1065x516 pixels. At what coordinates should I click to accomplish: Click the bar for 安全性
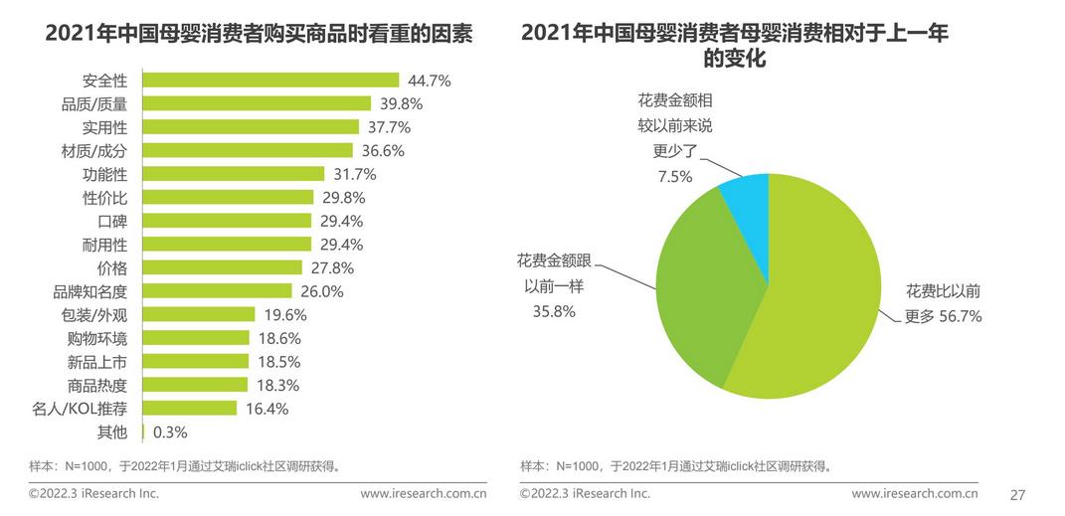click(270, 80)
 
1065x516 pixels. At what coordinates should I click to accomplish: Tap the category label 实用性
click(104, 127)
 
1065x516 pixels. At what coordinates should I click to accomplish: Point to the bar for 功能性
click(234, 174)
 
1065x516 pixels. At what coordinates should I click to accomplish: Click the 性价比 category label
click(104, 198)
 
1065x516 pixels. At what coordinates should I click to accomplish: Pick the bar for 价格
click(223, 267)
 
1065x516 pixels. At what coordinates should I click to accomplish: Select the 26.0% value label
click(321, 291)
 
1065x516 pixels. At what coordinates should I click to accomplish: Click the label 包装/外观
click(94, 315)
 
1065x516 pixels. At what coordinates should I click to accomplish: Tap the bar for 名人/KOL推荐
click(190, 408)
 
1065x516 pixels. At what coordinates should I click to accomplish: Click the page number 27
click(1017, 494)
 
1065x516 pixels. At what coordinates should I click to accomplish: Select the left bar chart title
click(259, 35)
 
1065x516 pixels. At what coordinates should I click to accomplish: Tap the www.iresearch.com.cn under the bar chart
click(423, 493)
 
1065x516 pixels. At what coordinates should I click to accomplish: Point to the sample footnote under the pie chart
click(676, 465)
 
